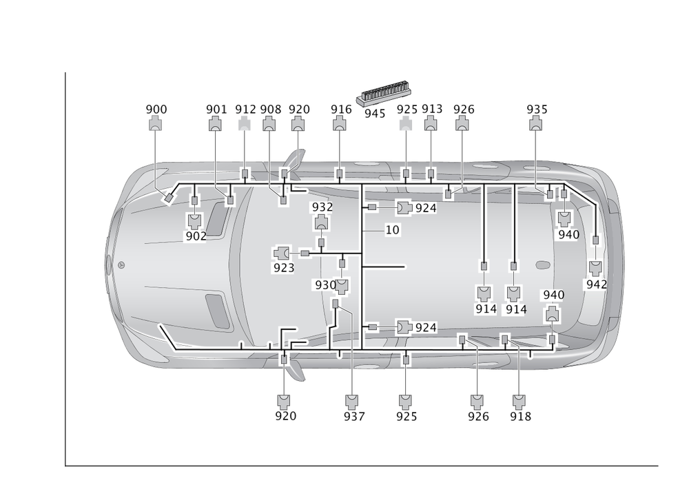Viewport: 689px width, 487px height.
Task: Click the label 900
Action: (x=156, y=109)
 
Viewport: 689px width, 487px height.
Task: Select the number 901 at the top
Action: (x=216, y=109)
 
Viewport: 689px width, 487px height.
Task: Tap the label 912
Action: (x=245, y=109)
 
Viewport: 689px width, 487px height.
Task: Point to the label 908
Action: (x=270, y=109)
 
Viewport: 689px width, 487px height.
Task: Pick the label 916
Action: (x=340, y=109)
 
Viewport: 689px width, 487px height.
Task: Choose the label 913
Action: (x=431, y=109)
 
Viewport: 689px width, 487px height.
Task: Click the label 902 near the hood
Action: (x=196, y=236)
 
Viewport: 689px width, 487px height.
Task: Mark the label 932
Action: (x=322, y=207)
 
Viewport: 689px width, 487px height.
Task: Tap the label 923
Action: (x=282, y=268)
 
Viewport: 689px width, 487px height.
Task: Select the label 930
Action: (x=324, y=284)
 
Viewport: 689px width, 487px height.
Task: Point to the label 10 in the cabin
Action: (x=393, y=229)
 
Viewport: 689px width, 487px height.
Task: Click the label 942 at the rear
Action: (x=595, y=284)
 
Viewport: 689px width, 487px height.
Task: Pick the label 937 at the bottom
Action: (x=353, y=416)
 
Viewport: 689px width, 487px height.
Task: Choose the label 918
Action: (x=520, y=416)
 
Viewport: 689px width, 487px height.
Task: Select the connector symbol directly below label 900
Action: (x=156, y=124)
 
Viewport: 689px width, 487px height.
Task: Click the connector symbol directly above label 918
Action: (x=520, y=401)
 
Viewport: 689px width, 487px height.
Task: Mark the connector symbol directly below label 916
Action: (x=340, y=124)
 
